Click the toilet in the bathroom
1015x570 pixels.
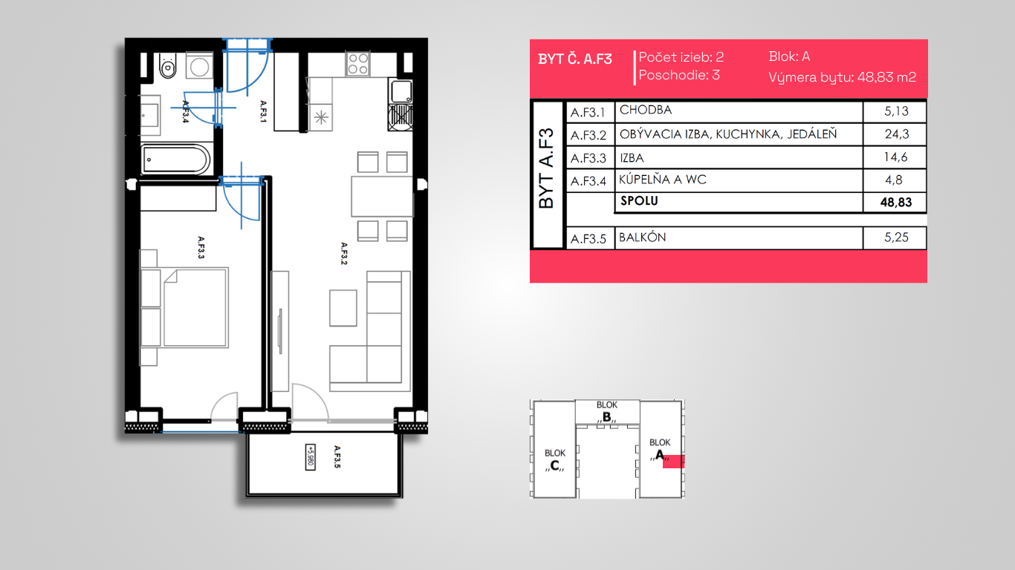[168, 65]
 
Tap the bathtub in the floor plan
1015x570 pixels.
[175, 160]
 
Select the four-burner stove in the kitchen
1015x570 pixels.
[357, 63]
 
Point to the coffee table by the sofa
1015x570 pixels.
[343, 308]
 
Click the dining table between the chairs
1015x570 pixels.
[382, 197]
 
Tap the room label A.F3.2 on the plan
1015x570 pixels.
[344, 253]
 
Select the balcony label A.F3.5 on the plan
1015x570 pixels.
[337, 456]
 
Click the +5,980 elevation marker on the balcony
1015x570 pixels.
[311, 456]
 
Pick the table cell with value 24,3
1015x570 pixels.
[896, 134]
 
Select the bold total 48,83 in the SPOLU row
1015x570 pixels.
[896, 202]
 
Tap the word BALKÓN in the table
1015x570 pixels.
[642, 237]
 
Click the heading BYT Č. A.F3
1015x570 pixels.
[575, 59]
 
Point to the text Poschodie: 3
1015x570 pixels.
[679, 75]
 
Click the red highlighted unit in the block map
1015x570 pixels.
[673, 462]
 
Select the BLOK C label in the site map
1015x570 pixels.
[554, 459]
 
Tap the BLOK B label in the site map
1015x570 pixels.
[607, 411]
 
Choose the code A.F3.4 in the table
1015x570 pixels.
[588, 181]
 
